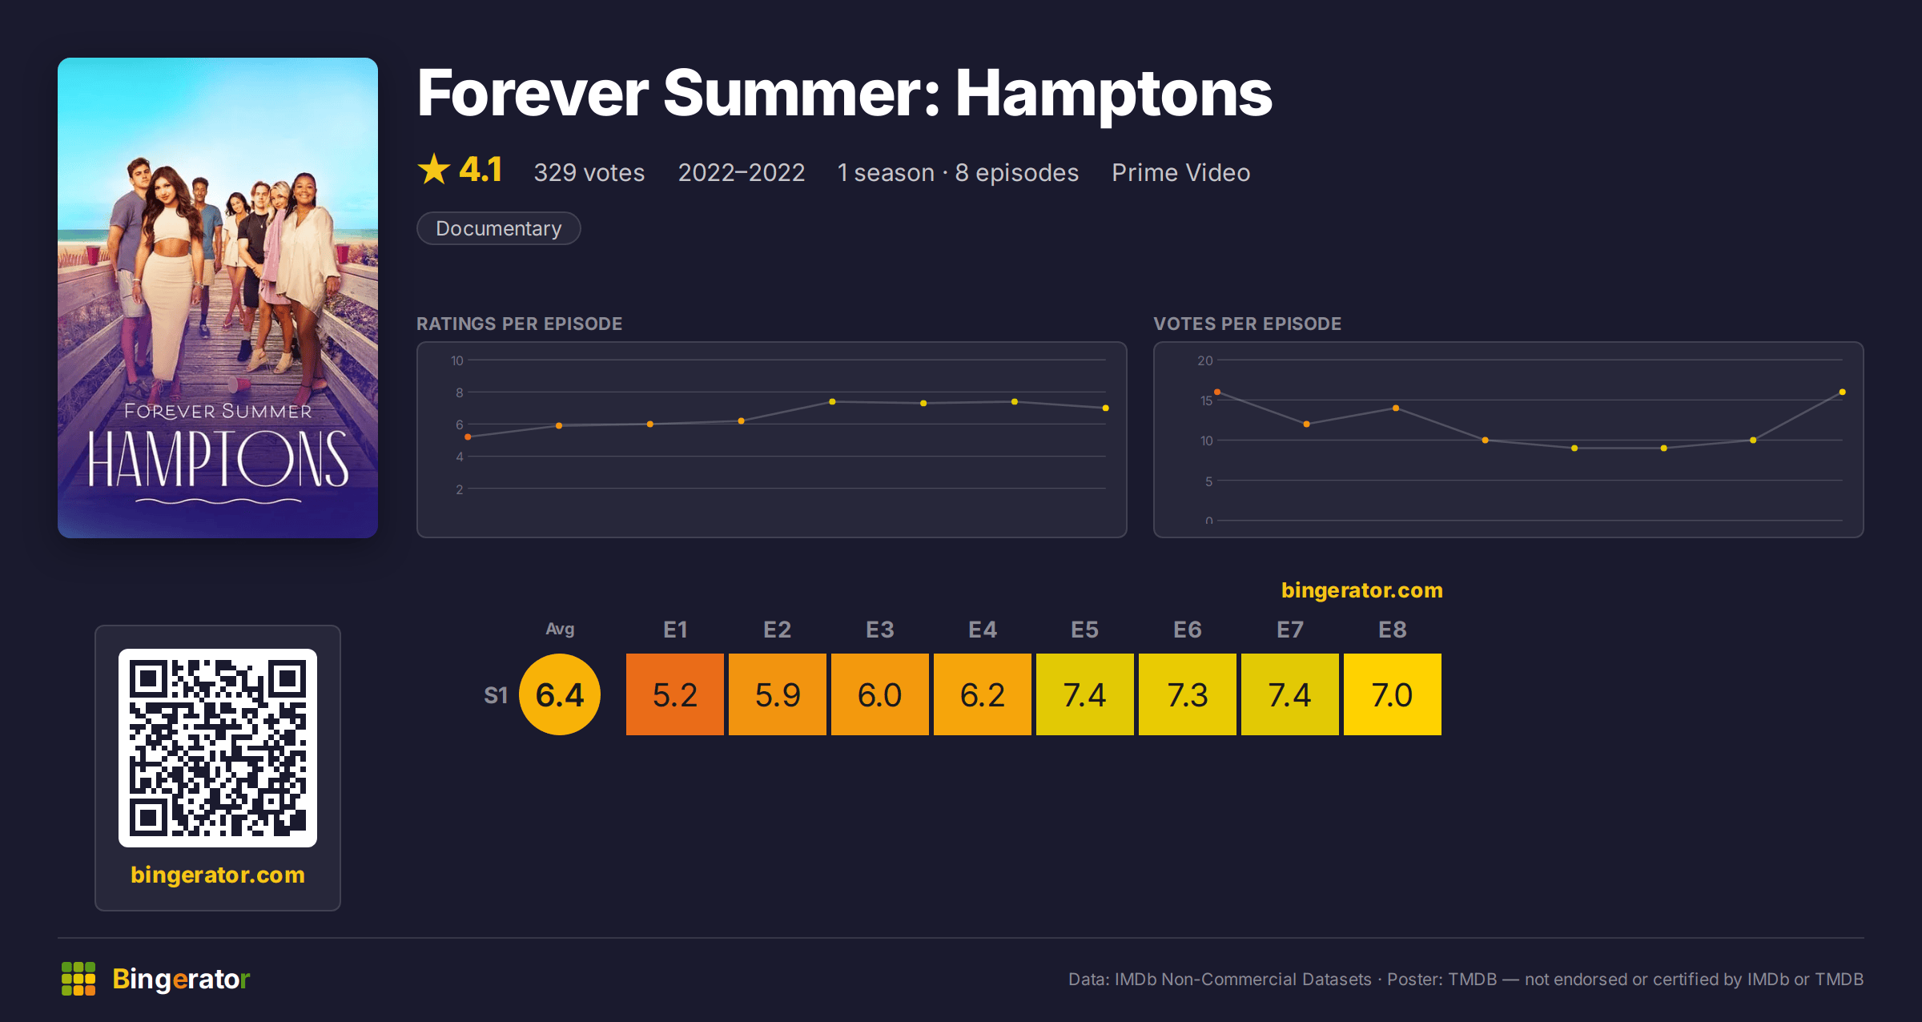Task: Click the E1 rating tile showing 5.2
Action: tap(675, 694)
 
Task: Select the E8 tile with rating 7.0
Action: tap(1393, 694)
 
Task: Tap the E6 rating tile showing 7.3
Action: tap(1188, 694)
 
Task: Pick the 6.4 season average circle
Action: tap(560, 694)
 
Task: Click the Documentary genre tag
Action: tap(499, 228)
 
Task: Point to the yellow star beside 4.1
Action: tap(434, 169)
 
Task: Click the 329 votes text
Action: tap(589, 172)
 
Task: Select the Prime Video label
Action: tap(1181, 172)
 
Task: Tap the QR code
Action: tap(218, 748)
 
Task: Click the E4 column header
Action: tap(983, 630)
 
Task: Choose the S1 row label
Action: tap(496, 695)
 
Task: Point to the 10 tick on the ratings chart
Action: tap(457, 360)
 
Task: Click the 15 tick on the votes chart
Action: tap(1206, 400)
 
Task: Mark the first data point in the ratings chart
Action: tap(468, 437)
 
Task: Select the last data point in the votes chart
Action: tap(1843, 392)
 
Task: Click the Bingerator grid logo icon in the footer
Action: tap(78, 979)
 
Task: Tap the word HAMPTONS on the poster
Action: tap(218, 459)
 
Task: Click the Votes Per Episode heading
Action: tap(1248, 324)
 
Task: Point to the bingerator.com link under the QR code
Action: tap(218, 875)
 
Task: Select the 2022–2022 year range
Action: tap(742, 172)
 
